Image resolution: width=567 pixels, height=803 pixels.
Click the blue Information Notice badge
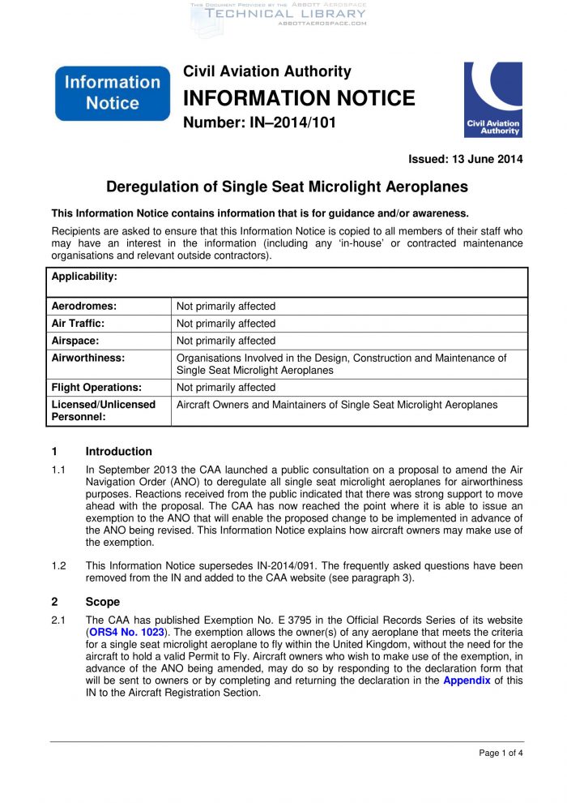pyautogui.click(x=113, y=93)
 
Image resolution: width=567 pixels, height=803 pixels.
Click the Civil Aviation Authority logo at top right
pyautogui.click(x=492, y=99)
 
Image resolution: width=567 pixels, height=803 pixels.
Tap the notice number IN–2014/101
pyautogui.click(x=259, y=123)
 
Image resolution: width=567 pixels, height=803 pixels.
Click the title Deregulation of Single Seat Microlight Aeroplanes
pyautogui.click(x=288, y=187)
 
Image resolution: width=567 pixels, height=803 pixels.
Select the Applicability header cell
pyautogui.click(x=84, y=277)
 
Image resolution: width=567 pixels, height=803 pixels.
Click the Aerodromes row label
pyautogui.click(x=84, y=306)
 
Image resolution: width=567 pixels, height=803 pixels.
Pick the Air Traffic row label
pyautogui.click(x=79, y=323)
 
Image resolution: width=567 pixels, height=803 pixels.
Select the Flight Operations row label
pyautogui.click(x=96, y=387)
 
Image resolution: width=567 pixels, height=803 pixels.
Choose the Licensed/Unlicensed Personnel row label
pyautogui.click(x=103, y=410)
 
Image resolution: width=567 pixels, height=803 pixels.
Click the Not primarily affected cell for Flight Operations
pyautogui.click(x=226, y=387)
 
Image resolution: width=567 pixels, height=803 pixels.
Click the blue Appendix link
pyautogui.click(x=467, y=681)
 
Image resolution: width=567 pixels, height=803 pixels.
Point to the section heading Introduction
pyautogui.click(x=118, y=452)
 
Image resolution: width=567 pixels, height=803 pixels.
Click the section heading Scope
pyautogui.click(x=102, y=602)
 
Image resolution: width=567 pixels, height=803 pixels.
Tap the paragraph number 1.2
pyautogui.click(x=59, y=565)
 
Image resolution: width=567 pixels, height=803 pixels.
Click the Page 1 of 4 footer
pyautogui.click(x=501, y=754)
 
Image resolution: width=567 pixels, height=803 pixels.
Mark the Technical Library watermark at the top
pyautogui.click(x=285, y=14)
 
